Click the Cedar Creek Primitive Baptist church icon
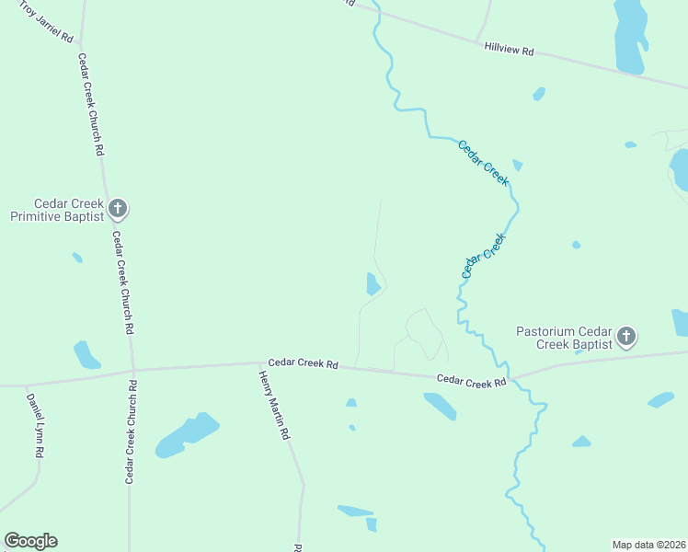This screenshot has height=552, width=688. [x=117, y=209]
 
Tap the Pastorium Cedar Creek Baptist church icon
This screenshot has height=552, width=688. [x=625, y=336]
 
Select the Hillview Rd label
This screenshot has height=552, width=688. [x=509, y=49]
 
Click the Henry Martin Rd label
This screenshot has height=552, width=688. [x=273, y=405]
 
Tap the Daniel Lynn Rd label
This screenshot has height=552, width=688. [x=35, y=426]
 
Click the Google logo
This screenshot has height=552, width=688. [x=30, y=541]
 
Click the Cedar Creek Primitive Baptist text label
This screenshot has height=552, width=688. [x=56, y=210]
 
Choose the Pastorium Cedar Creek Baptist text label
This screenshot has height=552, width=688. [x=564, y=337]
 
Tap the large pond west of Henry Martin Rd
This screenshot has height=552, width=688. [x=187, y=435]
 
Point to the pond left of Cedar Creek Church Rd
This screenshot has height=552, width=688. [x=86, y=354]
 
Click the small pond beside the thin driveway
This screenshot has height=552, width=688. [x=373, y=283]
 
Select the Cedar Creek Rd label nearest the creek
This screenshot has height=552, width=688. [x=472, y=380]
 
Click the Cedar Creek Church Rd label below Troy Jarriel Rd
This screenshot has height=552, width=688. [x=91, y=103]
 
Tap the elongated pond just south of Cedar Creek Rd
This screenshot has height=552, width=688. [x=440, y=406]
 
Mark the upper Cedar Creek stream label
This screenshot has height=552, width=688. [x=483, y=163]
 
